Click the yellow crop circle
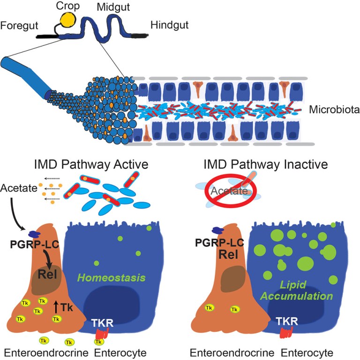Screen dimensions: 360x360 pos(68,20)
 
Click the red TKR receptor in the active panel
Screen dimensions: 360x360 pos(102,333)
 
